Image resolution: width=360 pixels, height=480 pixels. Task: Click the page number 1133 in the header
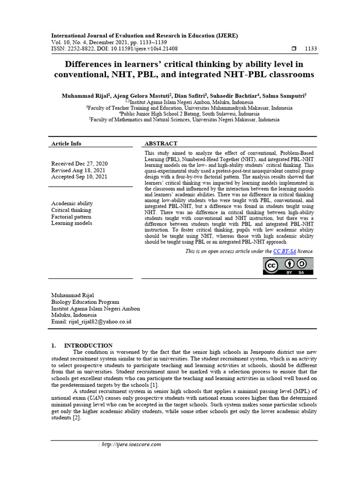pyautogui.click(x=311, y=49)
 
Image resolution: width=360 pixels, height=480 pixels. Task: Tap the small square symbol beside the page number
pyautogui.click(x=294, y=49)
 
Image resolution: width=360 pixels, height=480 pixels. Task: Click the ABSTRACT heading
pyautogui.click(x=161, y=143)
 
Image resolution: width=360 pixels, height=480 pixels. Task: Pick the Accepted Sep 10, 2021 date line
pyautogui.click(x=79, y=177)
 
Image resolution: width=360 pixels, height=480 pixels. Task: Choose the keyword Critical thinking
pyautogui.click(x=72, y=210)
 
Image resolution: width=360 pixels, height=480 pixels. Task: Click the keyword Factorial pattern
pyautogui.click(x=71, y=217)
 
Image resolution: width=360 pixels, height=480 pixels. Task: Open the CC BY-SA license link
pyautogui.click(x=285, y=251)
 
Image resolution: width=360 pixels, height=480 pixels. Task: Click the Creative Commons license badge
pyautogui.click(x=288, y=266)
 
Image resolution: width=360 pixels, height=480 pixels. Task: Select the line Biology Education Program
pyautogui.click(x=85, y=302)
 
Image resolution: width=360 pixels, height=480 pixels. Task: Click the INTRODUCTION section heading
pyautogui.click(x=88, y=345)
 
